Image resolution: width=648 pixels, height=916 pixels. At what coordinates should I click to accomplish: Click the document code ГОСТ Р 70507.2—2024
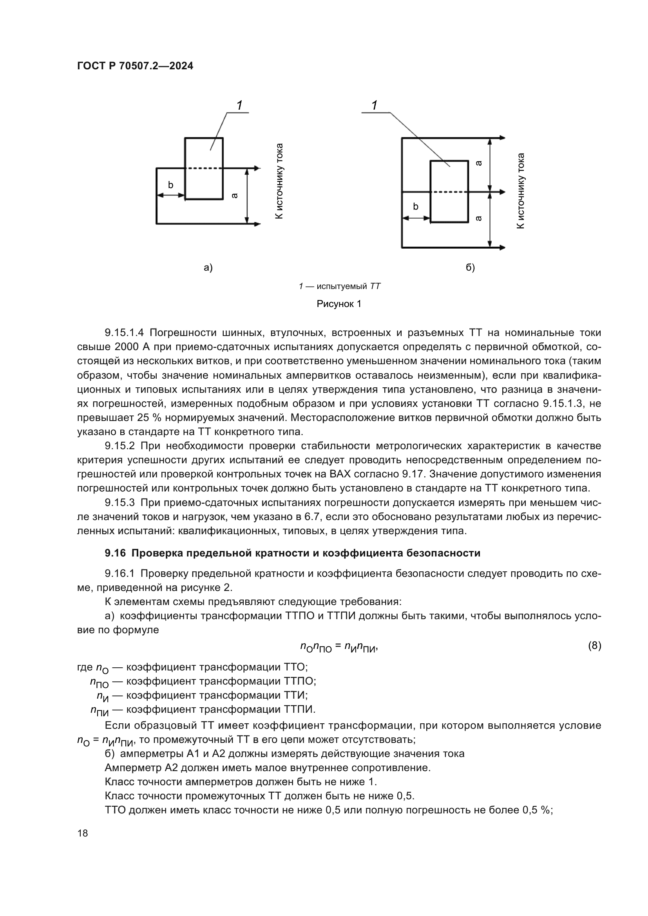135,66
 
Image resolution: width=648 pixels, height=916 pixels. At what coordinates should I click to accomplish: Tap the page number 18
83,833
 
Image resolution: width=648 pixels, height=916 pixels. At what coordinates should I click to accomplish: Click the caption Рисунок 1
339,304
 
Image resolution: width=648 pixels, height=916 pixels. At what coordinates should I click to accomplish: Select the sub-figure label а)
208,268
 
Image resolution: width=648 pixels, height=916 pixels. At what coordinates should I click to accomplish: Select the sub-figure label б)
470,268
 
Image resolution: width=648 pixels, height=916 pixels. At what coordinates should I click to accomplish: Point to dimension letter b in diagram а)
170,185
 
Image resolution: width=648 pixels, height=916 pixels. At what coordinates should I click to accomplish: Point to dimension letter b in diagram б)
415,207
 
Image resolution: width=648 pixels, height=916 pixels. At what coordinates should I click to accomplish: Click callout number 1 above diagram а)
239,106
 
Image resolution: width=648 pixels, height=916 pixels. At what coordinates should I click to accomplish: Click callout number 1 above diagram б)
374,106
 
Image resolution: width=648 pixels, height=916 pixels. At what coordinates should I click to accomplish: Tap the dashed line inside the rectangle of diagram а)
204,168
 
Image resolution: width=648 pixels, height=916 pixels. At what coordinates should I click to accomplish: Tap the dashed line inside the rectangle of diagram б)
449,192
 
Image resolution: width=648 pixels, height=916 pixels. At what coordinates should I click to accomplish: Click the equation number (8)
595,645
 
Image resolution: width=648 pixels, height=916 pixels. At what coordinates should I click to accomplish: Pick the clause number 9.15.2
120,446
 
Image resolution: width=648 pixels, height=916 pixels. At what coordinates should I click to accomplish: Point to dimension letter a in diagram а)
235,195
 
